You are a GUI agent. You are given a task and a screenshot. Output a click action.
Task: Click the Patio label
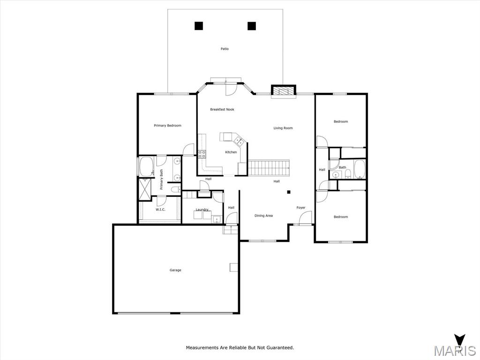[225, 49]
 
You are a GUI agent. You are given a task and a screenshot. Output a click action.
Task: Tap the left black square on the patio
[199, 26]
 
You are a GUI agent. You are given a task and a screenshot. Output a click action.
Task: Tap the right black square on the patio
[252, 26]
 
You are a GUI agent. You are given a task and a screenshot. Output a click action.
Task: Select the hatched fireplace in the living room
[284, 91]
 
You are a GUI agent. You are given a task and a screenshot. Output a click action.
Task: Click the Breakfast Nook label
[222, 109]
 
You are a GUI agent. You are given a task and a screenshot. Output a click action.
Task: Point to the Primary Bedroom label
[167, 126]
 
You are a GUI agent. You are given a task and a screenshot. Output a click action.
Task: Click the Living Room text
[283, 128]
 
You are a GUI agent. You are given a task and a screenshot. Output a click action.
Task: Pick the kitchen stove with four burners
[202, 154]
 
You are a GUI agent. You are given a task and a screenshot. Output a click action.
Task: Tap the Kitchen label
[231, 152]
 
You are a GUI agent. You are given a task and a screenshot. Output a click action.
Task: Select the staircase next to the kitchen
[269, 167]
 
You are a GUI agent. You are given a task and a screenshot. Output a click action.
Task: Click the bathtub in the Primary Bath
[146, 166]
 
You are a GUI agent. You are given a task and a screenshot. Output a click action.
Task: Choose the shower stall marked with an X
[144, 189]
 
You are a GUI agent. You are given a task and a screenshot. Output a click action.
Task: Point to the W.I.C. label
[160, 210]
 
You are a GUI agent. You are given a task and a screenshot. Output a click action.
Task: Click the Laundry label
[202, 210]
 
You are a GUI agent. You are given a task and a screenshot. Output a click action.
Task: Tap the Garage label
[175, 270]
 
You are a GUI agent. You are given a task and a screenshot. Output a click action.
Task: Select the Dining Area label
[263, 216]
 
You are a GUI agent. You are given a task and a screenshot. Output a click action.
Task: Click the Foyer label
[301, 208]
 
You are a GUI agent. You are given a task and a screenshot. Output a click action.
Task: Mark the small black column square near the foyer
[288, 192]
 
